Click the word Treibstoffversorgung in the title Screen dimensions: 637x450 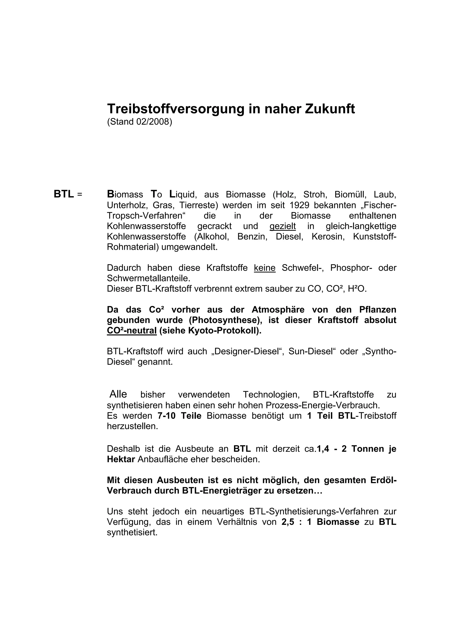(x=176, y=109)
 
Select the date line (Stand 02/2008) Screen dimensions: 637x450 (x=140, y=122)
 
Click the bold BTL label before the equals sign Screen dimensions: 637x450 (x=64, y=194)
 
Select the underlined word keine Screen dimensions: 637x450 (x=265, y=268)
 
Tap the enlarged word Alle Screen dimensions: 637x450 (x=118, y=394)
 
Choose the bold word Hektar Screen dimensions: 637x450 (x=121, y=459)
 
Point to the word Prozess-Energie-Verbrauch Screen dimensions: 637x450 (x=323, y=405)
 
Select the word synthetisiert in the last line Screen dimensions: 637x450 (x=132, y=533)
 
